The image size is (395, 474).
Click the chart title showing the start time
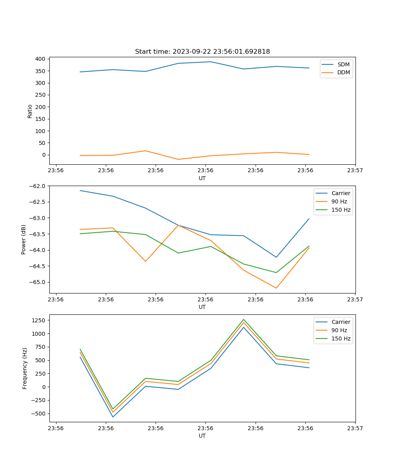[x=202, y=52]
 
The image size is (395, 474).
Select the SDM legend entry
[x=343, y=64]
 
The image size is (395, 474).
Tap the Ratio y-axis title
[x=30, y=111]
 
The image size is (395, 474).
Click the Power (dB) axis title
[x=24, y=239]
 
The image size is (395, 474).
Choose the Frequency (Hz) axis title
[x=24, y=368]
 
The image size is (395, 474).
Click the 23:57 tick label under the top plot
[x=355, y=171]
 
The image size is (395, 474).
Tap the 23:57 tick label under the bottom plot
[x=355, y=428]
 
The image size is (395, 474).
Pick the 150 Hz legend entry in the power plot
[x=341, y=210]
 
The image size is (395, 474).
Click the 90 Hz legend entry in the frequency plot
[x=339, y=330]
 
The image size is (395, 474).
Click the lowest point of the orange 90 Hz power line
[x=276, y=288]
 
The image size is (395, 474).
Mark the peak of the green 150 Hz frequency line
[x=243, y=319]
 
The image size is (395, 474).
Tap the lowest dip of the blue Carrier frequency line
[x=113, y=417]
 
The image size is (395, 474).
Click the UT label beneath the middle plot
[x=202, y=307]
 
